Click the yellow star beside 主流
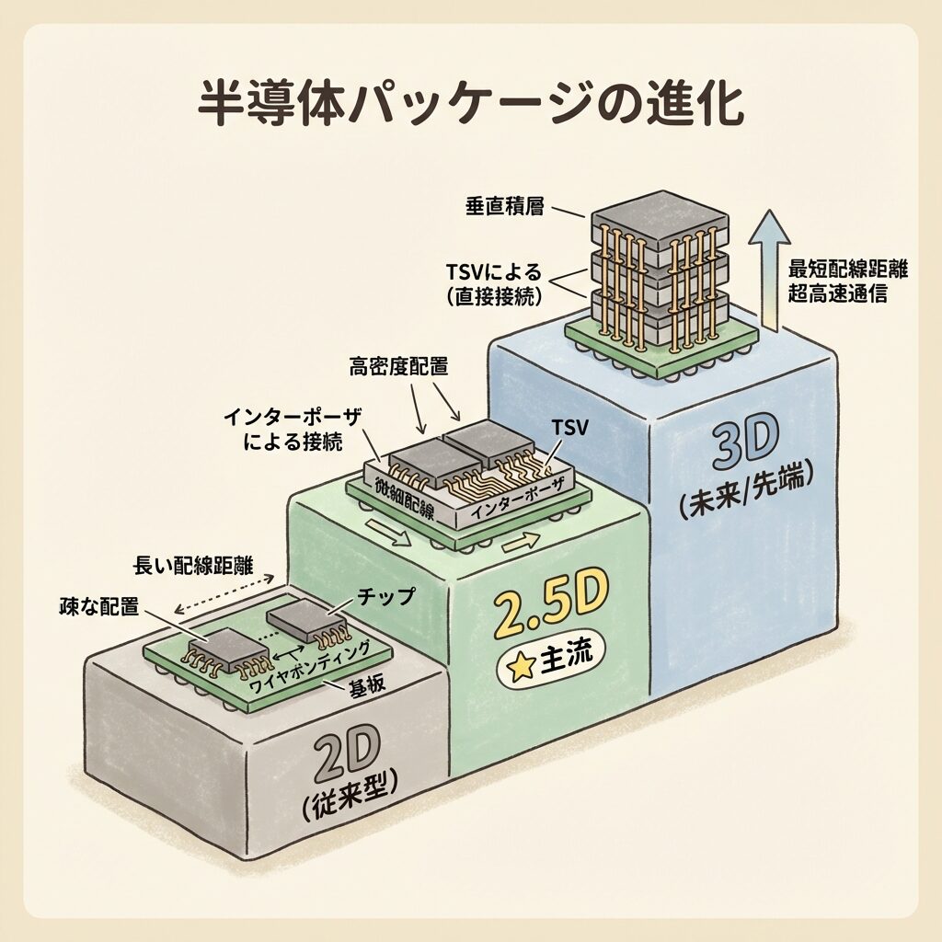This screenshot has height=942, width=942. (522, 665)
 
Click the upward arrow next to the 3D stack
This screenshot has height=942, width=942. (769, 267)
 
